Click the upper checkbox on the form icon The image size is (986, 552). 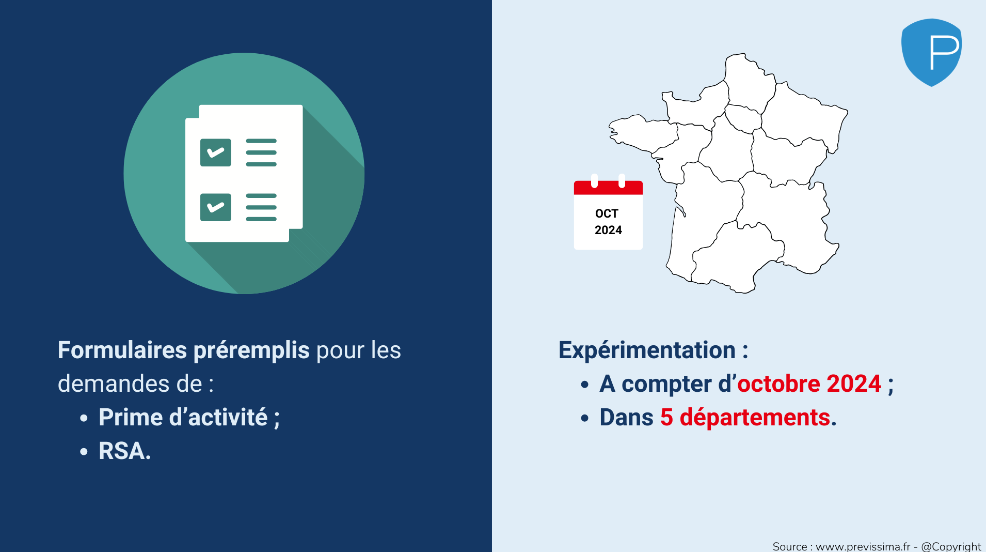coord(215,152)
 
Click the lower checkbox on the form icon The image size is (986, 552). coord(215,207)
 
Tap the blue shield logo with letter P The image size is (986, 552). coord(931,52)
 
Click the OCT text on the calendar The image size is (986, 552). coord(607,213)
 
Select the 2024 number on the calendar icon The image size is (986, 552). coord(608,230)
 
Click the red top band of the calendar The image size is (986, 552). coord(608,187)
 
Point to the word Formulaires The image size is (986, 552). coord(122,350)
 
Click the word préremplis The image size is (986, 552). coord(251,351)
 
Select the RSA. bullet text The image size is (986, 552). coord(125,451)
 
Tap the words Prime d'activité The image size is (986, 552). coord(183,417)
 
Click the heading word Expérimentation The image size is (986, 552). coord(647,351)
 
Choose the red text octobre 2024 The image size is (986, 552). coord(809,384)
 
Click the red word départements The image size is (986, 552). coord(755,418)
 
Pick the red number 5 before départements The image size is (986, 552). coord(666,418)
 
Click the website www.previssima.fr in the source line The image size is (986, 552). coord(863,546)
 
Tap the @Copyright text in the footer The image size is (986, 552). coord(951,546)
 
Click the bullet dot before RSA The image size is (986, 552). coord(84,451)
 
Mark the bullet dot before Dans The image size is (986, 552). coord(585,418)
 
